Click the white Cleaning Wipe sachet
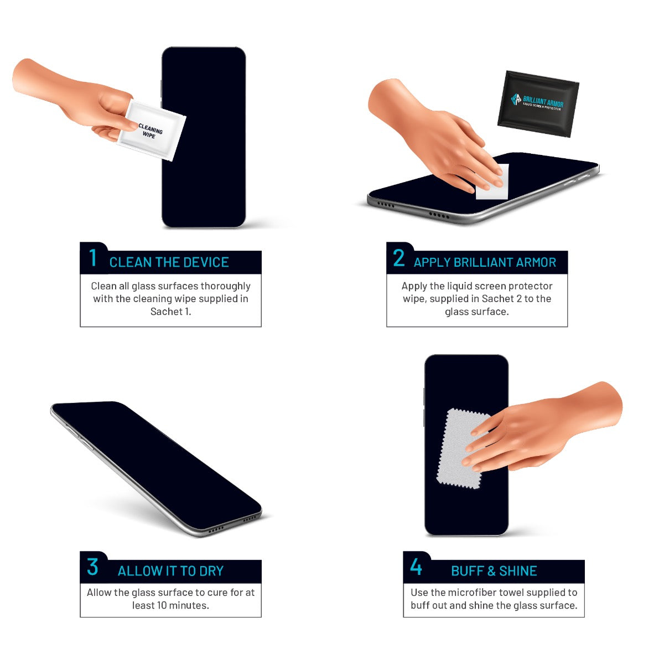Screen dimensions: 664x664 pyautogui.click(x=152, y=130)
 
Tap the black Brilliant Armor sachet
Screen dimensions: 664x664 pyautogui.click(x=538, y=103)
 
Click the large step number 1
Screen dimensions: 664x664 pyautogui.click(x=93, y=258)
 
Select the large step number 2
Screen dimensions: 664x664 pyautogui.click(x=398, y=258)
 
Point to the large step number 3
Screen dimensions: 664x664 pyautogui.click(x=92, y=567)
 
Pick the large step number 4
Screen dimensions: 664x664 pyautogui.click(x=416, y=567)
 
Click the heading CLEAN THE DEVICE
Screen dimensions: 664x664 pyautogui.click(x=169, y=262)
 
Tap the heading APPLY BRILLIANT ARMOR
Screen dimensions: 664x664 pyautogui.click(x=485, y=262)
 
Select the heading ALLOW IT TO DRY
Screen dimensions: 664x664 pyautogui.click(x=170, y=571)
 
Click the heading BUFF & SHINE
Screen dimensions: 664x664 pyautogui.click(x=494, y=571)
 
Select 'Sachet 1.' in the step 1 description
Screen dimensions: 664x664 pyautogui.click(x=170, y=312)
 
